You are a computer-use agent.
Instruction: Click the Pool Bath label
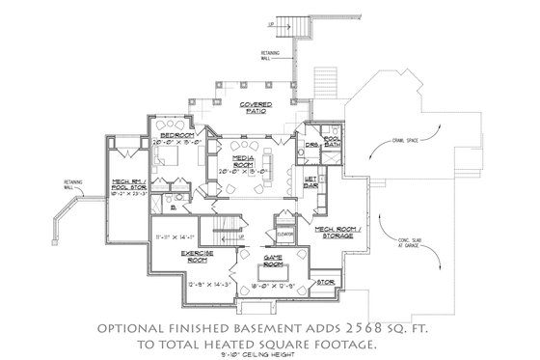[333, 140]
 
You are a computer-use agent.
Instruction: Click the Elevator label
[283, 233]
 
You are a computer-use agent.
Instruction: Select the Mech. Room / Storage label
[338, 233]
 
